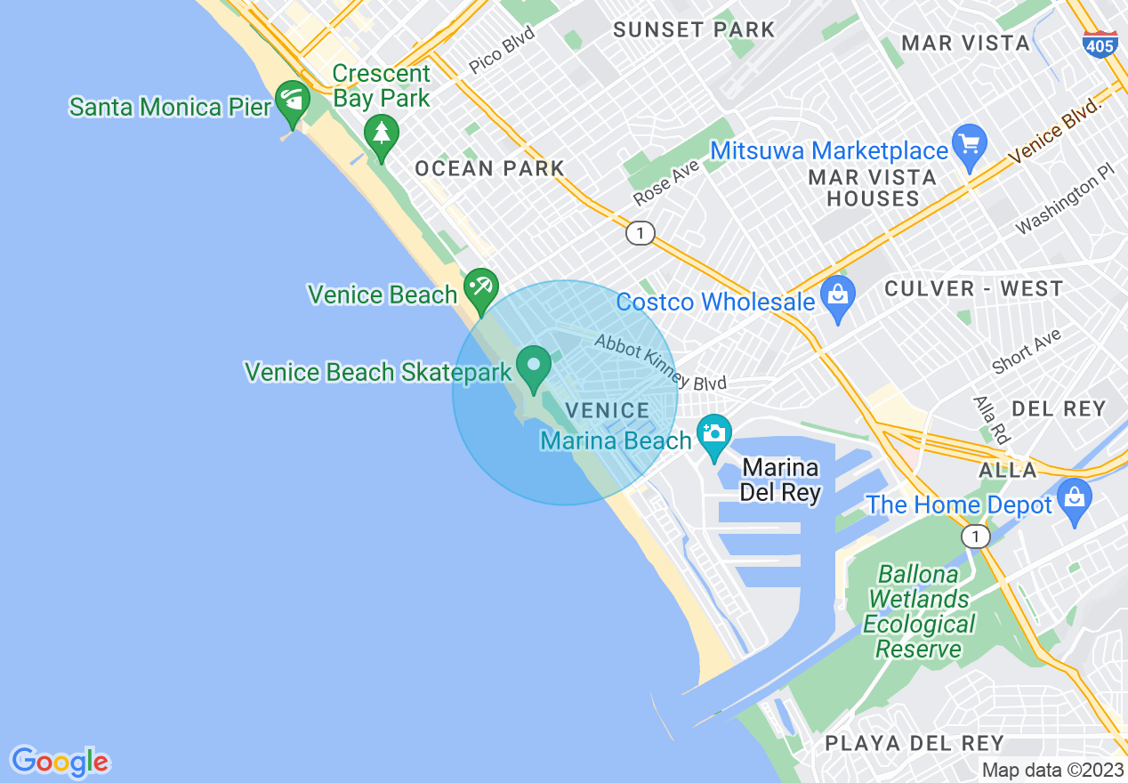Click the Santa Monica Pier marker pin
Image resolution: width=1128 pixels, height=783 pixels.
tap(291, 100)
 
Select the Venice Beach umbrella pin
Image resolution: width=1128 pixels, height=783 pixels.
tap(481, 288)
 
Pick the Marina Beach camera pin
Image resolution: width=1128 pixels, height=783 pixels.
tap(713, 434)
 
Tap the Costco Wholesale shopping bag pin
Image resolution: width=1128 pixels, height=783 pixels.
tap(837, 295)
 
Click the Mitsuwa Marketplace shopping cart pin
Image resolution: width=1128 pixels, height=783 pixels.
tap(969, 142)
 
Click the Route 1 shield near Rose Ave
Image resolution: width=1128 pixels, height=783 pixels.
tap(640, 234)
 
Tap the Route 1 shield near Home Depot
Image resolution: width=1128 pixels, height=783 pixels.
tap(976, 536)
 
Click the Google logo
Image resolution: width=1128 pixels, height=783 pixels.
tap(60, 762)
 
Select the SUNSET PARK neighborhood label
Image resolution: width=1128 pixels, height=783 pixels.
tap(695, 29)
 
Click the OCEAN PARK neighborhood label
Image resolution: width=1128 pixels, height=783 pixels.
tap(490, 168)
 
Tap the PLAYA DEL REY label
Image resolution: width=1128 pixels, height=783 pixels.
tap(914, 743)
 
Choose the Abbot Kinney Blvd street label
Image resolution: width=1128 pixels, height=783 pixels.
tap(661, 363)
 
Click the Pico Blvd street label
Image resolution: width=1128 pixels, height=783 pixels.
tap(502, 50)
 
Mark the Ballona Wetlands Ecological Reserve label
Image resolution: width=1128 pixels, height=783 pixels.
tap(919, 611)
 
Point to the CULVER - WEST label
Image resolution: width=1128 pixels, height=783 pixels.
tap(973, 288)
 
